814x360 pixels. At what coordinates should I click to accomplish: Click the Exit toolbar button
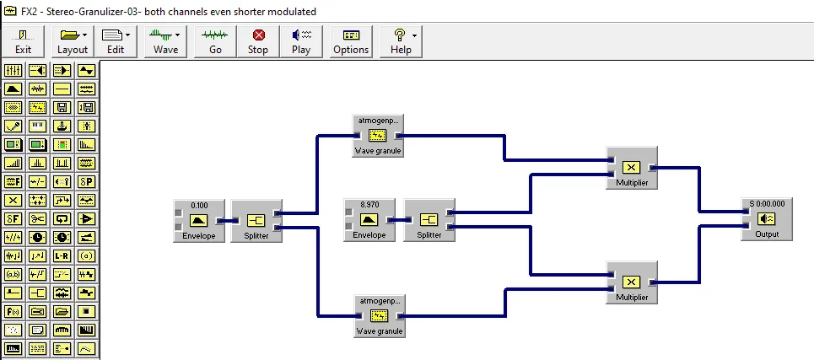23,40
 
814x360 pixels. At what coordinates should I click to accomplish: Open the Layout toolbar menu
73,40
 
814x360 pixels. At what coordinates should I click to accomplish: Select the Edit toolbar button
116,40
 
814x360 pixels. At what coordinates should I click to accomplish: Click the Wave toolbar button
166,40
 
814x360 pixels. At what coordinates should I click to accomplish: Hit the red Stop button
258,40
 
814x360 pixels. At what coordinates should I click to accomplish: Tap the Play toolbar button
301,40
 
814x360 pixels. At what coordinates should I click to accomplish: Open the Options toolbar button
351,40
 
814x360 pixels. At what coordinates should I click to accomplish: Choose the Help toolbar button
401,40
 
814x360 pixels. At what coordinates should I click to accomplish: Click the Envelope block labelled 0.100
199,221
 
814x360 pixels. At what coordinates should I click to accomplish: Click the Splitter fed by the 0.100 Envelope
256,221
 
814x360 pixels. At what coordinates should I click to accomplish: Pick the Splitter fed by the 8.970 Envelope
429,221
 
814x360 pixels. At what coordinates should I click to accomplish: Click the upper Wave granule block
378,136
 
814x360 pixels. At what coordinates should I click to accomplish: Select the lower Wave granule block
378,316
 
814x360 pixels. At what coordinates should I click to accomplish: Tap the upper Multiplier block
631,168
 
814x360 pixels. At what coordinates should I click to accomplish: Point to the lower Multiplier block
631,282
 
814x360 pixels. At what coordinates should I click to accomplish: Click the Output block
767,220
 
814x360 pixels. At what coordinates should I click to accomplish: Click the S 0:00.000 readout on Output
767,203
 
